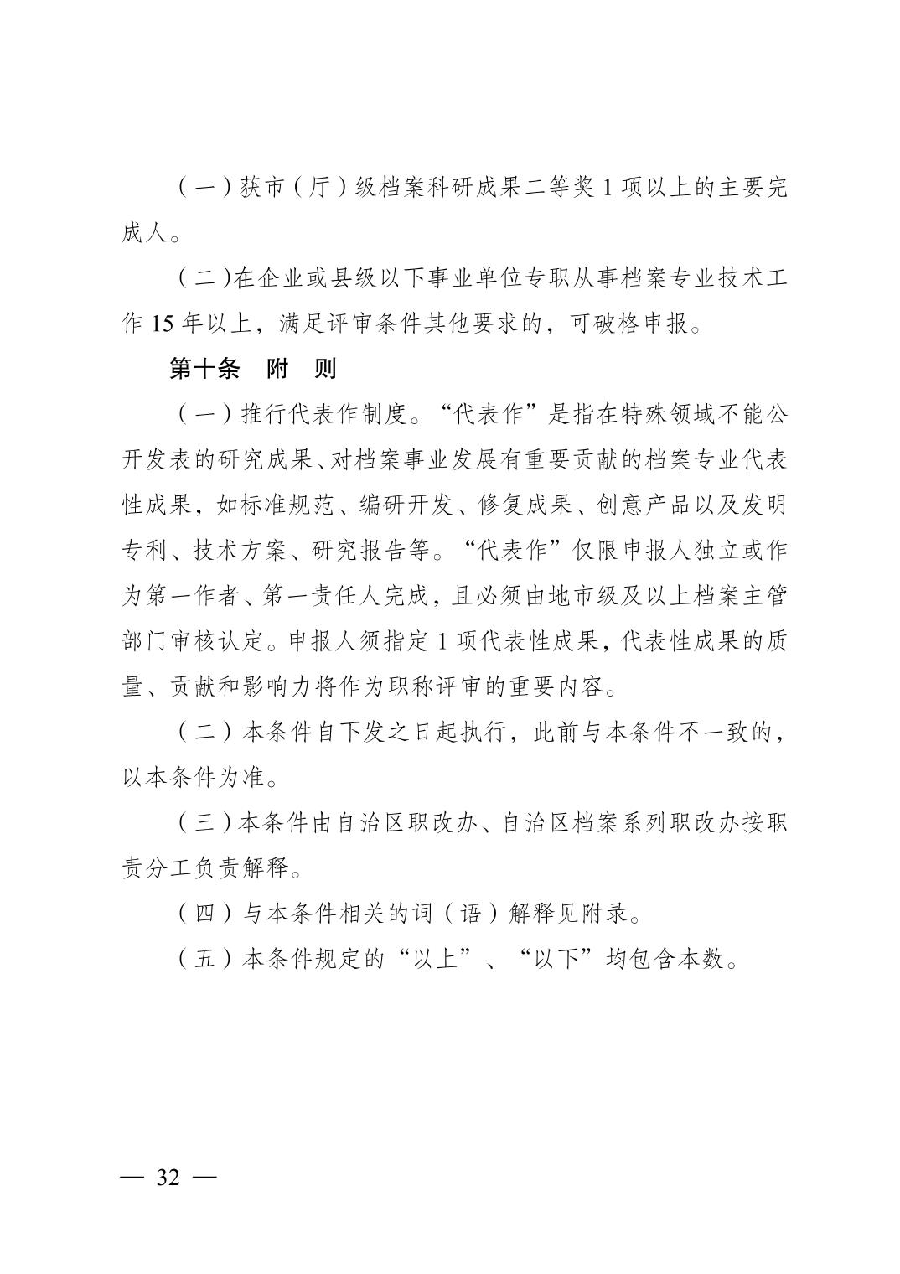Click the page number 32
[168, 1177]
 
